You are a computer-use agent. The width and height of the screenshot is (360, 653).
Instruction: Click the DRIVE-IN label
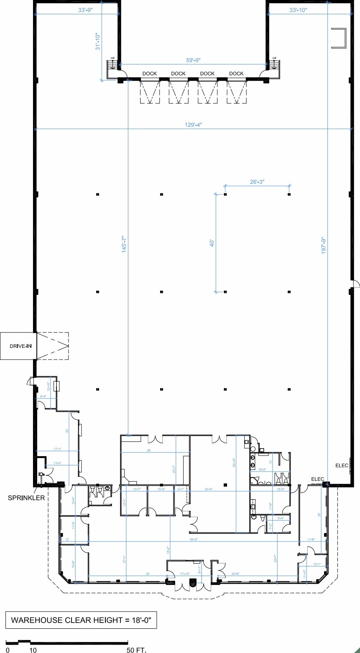pyautogui.click(x=20, y=346)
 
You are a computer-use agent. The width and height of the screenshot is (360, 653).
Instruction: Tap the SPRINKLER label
pyautogui.click(x=26, y=498)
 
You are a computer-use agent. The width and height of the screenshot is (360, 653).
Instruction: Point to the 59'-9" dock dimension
pyautogui.click(x=193, y=60)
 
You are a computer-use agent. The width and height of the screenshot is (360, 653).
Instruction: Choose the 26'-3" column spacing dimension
pyautogui.click(x=257, y=182)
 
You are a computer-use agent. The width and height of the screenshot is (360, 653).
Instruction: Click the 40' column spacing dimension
pyautogui.click(x=212, y=242)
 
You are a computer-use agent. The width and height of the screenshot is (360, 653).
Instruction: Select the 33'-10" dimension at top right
pyautogui.click(x=298, y=10)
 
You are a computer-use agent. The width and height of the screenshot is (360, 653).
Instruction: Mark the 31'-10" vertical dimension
pyautogui.click(x=98, y=42)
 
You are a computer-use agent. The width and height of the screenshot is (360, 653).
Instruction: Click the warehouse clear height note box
pyautogui.click(x=81, y=620)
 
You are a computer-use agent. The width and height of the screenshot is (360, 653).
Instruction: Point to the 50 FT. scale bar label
pyautogui.click(x=136, y=650)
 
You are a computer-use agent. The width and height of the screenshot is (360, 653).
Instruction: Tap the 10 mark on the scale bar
pyautogui.click(x=33, y=650)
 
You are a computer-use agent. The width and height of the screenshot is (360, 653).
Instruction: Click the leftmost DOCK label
pyautogui.click(x=149, y=74)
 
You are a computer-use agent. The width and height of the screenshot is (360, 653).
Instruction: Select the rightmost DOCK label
pyautogui.click(x=236, y=74)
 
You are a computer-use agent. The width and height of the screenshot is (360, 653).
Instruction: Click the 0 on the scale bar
pyautogui.click(x=8, y=650)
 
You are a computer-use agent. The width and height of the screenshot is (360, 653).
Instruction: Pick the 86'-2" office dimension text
pyautogui.click(x=193, y=540)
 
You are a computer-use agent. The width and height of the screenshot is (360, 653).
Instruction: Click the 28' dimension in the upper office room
pyautogui.click(x=148, y=451)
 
